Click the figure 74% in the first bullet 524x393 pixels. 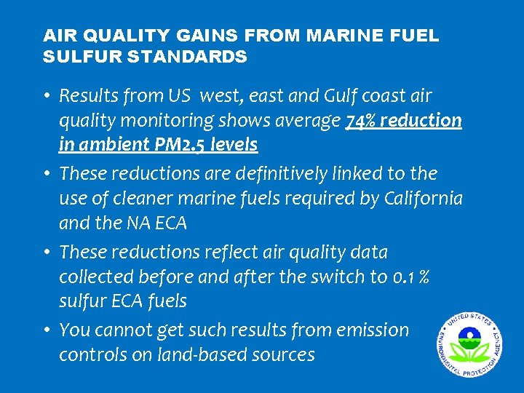pyautogui.click(x=361, y=120)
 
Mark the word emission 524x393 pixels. pyautogui.click(x=373, y=330)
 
